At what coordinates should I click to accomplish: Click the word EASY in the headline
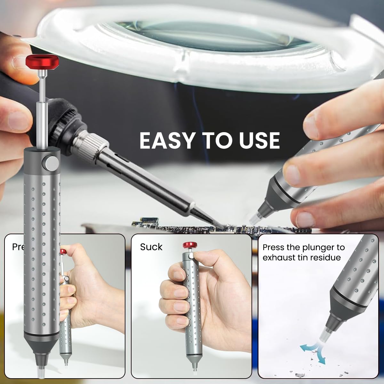(x=167, y=140)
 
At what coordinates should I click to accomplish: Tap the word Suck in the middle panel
(x=151, y=247)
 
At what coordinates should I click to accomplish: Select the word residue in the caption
(x=324, y=257)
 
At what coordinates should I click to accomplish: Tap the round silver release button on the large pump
(x=51, y=163)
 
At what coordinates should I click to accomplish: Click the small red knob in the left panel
(x=63, y=252)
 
